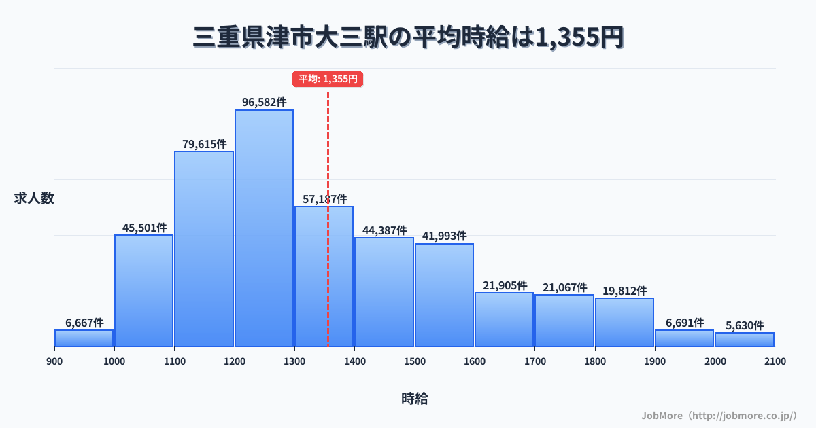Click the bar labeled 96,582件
click(x=264, y=228)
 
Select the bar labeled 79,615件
click(x=204, y=249)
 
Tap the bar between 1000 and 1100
click(x=143, y=291)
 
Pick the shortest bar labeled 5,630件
click(x=745, y=340)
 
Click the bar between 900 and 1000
click(x=84, y=338)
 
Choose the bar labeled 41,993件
click(x=444, y=295)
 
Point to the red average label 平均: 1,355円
click(x=328, y=79)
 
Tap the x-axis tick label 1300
click(x=294, y=361)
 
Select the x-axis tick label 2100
click(x=775, y=361)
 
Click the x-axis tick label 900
click(x=54, y=361)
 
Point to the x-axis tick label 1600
click(x=475, y=361)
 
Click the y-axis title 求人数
click(x=34, y=198)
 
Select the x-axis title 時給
click(x=414, y=399)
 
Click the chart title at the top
click(x=408, y=37)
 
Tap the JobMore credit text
click(x=719, y=415)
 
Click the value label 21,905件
click(x=505, y=285)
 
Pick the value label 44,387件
click(x=384, y=230)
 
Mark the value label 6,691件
click(x=684, y=323)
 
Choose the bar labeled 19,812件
click(x=624, y=322)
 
